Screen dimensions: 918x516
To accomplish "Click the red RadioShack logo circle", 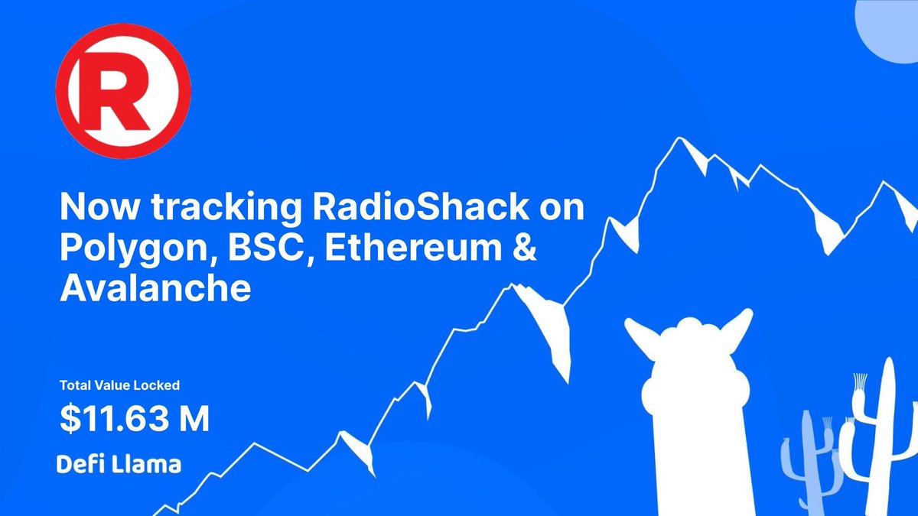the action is (x=123, y=91).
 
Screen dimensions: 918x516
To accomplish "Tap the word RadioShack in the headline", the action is (x=421, y=206).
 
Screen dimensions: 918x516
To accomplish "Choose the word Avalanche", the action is (x=155, y=288).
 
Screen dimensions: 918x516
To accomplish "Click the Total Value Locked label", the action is (x=119, y=385).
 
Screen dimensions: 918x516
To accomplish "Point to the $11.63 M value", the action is (x=135, y=419).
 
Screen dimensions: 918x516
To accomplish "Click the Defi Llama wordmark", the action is (x=119, y=465).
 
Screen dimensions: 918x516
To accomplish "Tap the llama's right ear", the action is (x=734, y=329).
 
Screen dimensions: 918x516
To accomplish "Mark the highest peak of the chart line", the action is (x=679, y=138).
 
